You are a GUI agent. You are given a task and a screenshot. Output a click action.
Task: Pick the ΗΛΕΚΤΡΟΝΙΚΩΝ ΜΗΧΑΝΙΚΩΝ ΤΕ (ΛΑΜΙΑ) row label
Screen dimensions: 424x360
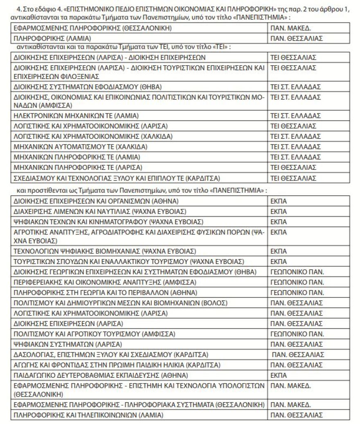click(x=76, y=115)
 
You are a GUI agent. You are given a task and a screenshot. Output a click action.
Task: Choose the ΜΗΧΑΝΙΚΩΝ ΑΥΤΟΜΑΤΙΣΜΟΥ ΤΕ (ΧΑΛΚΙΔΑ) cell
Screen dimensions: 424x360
click(x=81, y=147)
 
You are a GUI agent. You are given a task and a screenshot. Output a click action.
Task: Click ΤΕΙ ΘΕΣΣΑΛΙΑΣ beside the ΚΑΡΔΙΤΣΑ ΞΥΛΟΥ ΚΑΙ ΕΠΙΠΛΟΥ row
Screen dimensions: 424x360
click(x=293, y=178)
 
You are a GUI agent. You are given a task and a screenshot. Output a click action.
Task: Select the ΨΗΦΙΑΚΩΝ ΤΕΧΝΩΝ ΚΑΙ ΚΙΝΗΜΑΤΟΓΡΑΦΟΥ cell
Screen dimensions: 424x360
click(x=108, y=222)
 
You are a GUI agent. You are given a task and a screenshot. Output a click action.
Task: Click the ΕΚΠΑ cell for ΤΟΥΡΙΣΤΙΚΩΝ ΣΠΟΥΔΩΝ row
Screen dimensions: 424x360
click(x=279, y=261)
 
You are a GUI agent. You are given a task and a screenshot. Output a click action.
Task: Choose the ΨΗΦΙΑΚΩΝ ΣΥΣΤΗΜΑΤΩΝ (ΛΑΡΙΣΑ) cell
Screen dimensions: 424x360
click(x=67, y=344)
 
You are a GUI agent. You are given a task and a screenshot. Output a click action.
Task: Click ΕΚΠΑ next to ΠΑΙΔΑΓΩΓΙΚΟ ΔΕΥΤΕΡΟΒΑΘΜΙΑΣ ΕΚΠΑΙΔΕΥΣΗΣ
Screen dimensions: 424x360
click(x=279, y=375)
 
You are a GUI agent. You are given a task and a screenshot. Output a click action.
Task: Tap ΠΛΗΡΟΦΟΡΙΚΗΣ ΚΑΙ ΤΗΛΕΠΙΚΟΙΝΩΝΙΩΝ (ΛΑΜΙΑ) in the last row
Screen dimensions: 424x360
click(x=88, y=415)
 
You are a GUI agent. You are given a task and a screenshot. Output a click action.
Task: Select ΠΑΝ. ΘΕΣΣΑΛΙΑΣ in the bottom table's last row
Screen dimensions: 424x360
click(x=297, y=415)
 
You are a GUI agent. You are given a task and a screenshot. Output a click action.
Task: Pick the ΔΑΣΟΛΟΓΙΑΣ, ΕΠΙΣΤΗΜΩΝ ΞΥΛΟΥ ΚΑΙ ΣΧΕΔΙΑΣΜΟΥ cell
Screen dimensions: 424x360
click(x=111, y=354)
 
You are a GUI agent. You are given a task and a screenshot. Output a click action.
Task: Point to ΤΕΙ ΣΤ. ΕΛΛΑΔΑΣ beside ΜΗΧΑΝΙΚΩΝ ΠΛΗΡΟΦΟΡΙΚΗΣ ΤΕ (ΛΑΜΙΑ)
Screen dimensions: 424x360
click(x=295, y=157)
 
